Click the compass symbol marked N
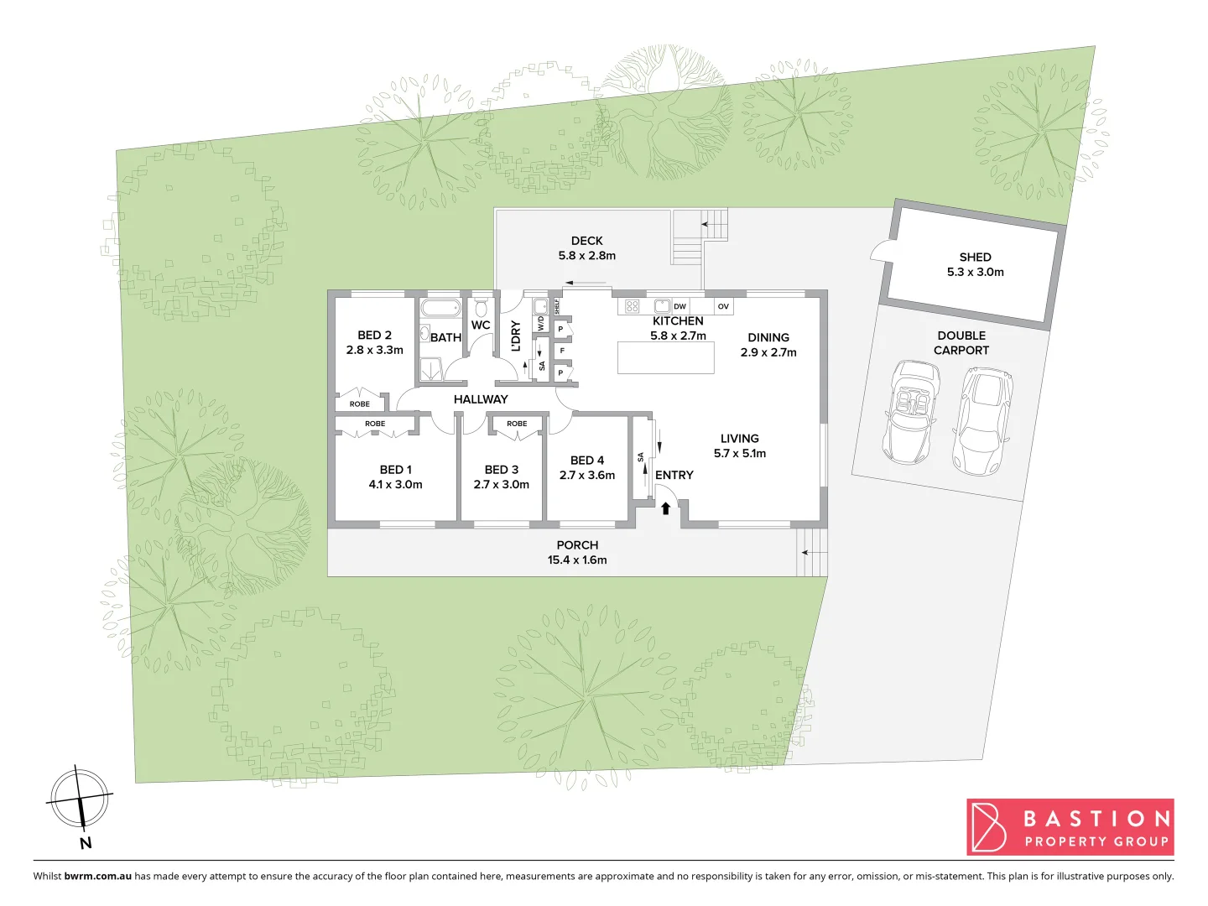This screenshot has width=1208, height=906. coord(80,798)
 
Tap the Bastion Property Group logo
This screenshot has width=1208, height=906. coord(1070,827)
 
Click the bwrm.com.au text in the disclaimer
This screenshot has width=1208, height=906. coord(97,876)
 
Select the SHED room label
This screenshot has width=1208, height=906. coord(975,257)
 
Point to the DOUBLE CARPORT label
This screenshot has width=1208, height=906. coord(961,342)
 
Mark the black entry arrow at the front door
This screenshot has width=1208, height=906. coord(665,508)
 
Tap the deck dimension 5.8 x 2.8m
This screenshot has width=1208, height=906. coord(587,256)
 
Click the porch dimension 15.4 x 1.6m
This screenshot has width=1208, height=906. coord(577,560)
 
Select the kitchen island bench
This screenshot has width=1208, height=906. coord(666,357)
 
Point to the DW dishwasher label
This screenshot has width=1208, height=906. coord(679,306)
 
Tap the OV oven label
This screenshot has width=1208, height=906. coord(723,306)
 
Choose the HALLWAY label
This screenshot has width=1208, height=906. coord(481,399)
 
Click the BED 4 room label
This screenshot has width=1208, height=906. coord(587,460)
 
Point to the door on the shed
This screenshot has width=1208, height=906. coord(881,250)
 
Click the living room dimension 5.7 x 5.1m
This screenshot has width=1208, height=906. coord(739,453)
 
